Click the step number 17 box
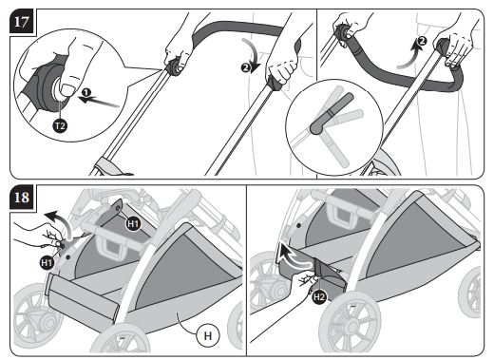tap(22, 22)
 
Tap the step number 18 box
tap(22, 198)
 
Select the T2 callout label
tap(60, 126)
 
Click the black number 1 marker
tap(86, 92)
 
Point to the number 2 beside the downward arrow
tap(245, 67)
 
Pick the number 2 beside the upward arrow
tap(422, 41)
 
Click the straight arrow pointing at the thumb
tap(99, 102)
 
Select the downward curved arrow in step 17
tap(253, 54)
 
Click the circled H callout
tap(208, 335)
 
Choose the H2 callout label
tap(319, 296)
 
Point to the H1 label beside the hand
tap(47, 262)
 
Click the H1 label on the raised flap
tap(133, 224)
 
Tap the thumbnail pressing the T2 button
tap(66, 89)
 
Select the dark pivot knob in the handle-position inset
tap(316, 127)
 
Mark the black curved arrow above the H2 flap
tap(294, 256)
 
